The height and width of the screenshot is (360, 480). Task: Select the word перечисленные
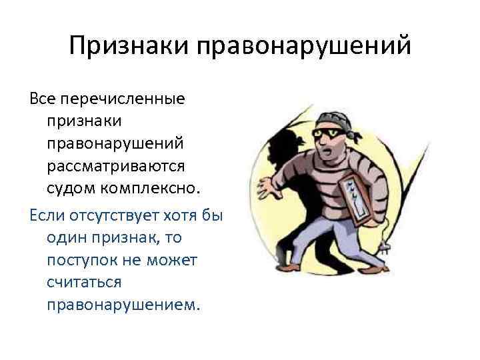coord(122,99)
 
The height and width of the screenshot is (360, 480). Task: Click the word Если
coord(45,217)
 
